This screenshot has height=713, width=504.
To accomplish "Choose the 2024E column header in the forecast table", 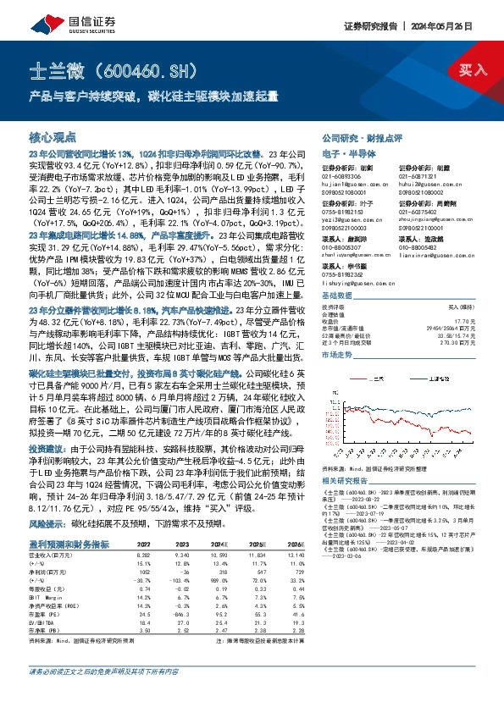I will (221, 592).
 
